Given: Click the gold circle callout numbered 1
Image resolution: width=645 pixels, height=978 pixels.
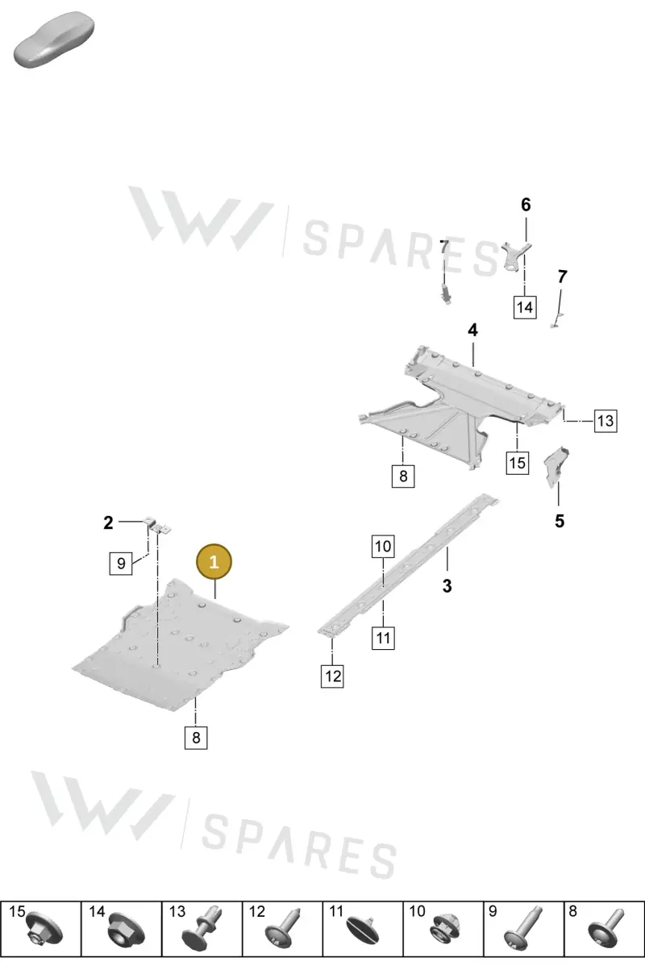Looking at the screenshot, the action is (214, 561).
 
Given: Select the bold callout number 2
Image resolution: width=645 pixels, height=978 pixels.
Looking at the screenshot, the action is (108, 522).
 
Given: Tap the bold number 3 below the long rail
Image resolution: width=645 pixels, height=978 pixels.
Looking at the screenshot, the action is (447, 586).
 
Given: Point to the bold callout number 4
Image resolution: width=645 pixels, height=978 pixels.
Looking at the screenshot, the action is (472, 330).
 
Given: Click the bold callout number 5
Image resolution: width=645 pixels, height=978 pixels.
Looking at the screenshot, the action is (560, 521).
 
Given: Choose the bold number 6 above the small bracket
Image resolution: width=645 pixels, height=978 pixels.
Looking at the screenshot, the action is (526, 205).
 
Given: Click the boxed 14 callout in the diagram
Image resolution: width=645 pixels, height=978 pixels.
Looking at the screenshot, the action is (525, 307).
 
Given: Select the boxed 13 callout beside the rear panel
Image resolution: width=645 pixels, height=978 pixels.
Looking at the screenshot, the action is (605, 421).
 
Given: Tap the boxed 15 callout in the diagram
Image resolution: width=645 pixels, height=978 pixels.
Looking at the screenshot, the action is (517, 463).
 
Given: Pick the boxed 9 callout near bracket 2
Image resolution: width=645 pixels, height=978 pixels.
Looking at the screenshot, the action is (121, 564).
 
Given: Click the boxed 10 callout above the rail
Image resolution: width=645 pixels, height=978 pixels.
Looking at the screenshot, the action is (383, 546).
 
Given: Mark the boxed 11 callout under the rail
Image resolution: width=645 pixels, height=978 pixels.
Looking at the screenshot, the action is (383, 639).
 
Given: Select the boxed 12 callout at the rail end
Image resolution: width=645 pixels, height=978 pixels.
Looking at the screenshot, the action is (332, 676).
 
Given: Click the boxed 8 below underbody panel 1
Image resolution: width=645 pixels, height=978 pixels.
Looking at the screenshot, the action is (196, 738).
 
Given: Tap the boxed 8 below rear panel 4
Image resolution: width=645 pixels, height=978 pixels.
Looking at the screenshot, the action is (402, 476).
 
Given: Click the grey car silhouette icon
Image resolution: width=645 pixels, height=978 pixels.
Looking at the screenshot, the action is (54, 40).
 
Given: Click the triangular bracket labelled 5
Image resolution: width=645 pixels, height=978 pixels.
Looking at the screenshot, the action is (556, 466).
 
